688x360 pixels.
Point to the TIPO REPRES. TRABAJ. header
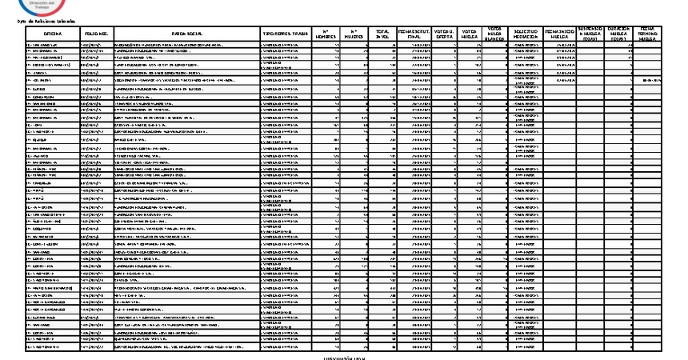[286, 34]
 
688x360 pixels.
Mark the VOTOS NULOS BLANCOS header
[494, 34]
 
